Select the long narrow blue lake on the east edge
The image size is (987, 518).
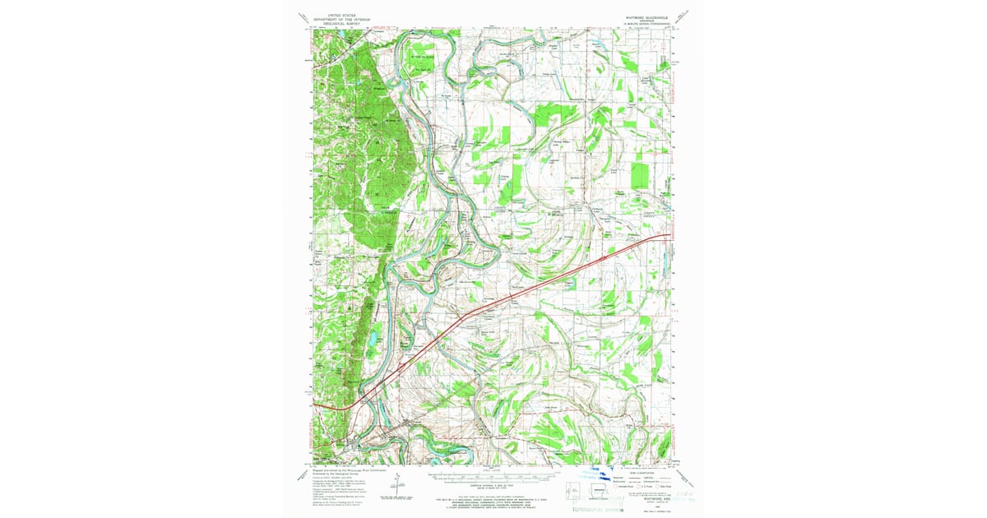(665, 262)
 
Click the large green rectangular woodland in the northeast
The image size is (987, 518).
(639, 175)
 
